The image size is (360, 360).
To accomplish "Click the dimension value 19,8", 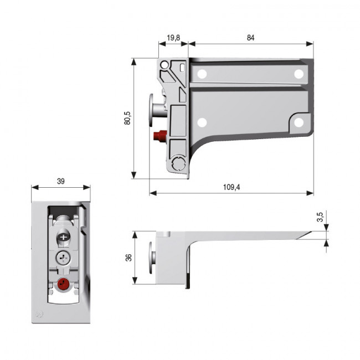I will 172,38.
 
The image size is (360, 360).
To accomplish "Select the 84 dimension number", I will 251,38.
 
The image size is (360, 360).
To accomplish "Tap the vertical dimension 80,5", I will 128,119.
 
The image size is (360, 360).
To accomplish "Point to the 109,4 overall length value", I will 231,187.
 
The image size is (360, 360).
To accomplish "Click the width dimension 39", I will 60,181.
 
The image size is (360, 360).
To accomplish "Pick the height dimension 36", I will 128,258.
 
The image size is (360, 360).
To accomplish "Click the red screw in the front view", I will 63,285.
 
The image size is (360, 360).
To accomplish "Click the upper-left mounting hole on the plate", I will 202,73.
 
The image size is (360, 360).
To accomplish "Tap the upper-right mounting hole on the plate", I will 299,73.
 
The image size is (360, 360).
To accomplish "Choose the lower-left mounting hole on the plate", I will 202,122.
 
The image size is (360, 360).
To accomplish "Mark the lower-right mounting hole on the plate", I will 299,122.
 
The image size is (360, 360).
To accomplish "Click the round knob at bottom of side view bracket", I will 179,164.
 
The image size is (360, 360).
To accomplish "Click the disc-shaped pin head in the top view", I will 151,258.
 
